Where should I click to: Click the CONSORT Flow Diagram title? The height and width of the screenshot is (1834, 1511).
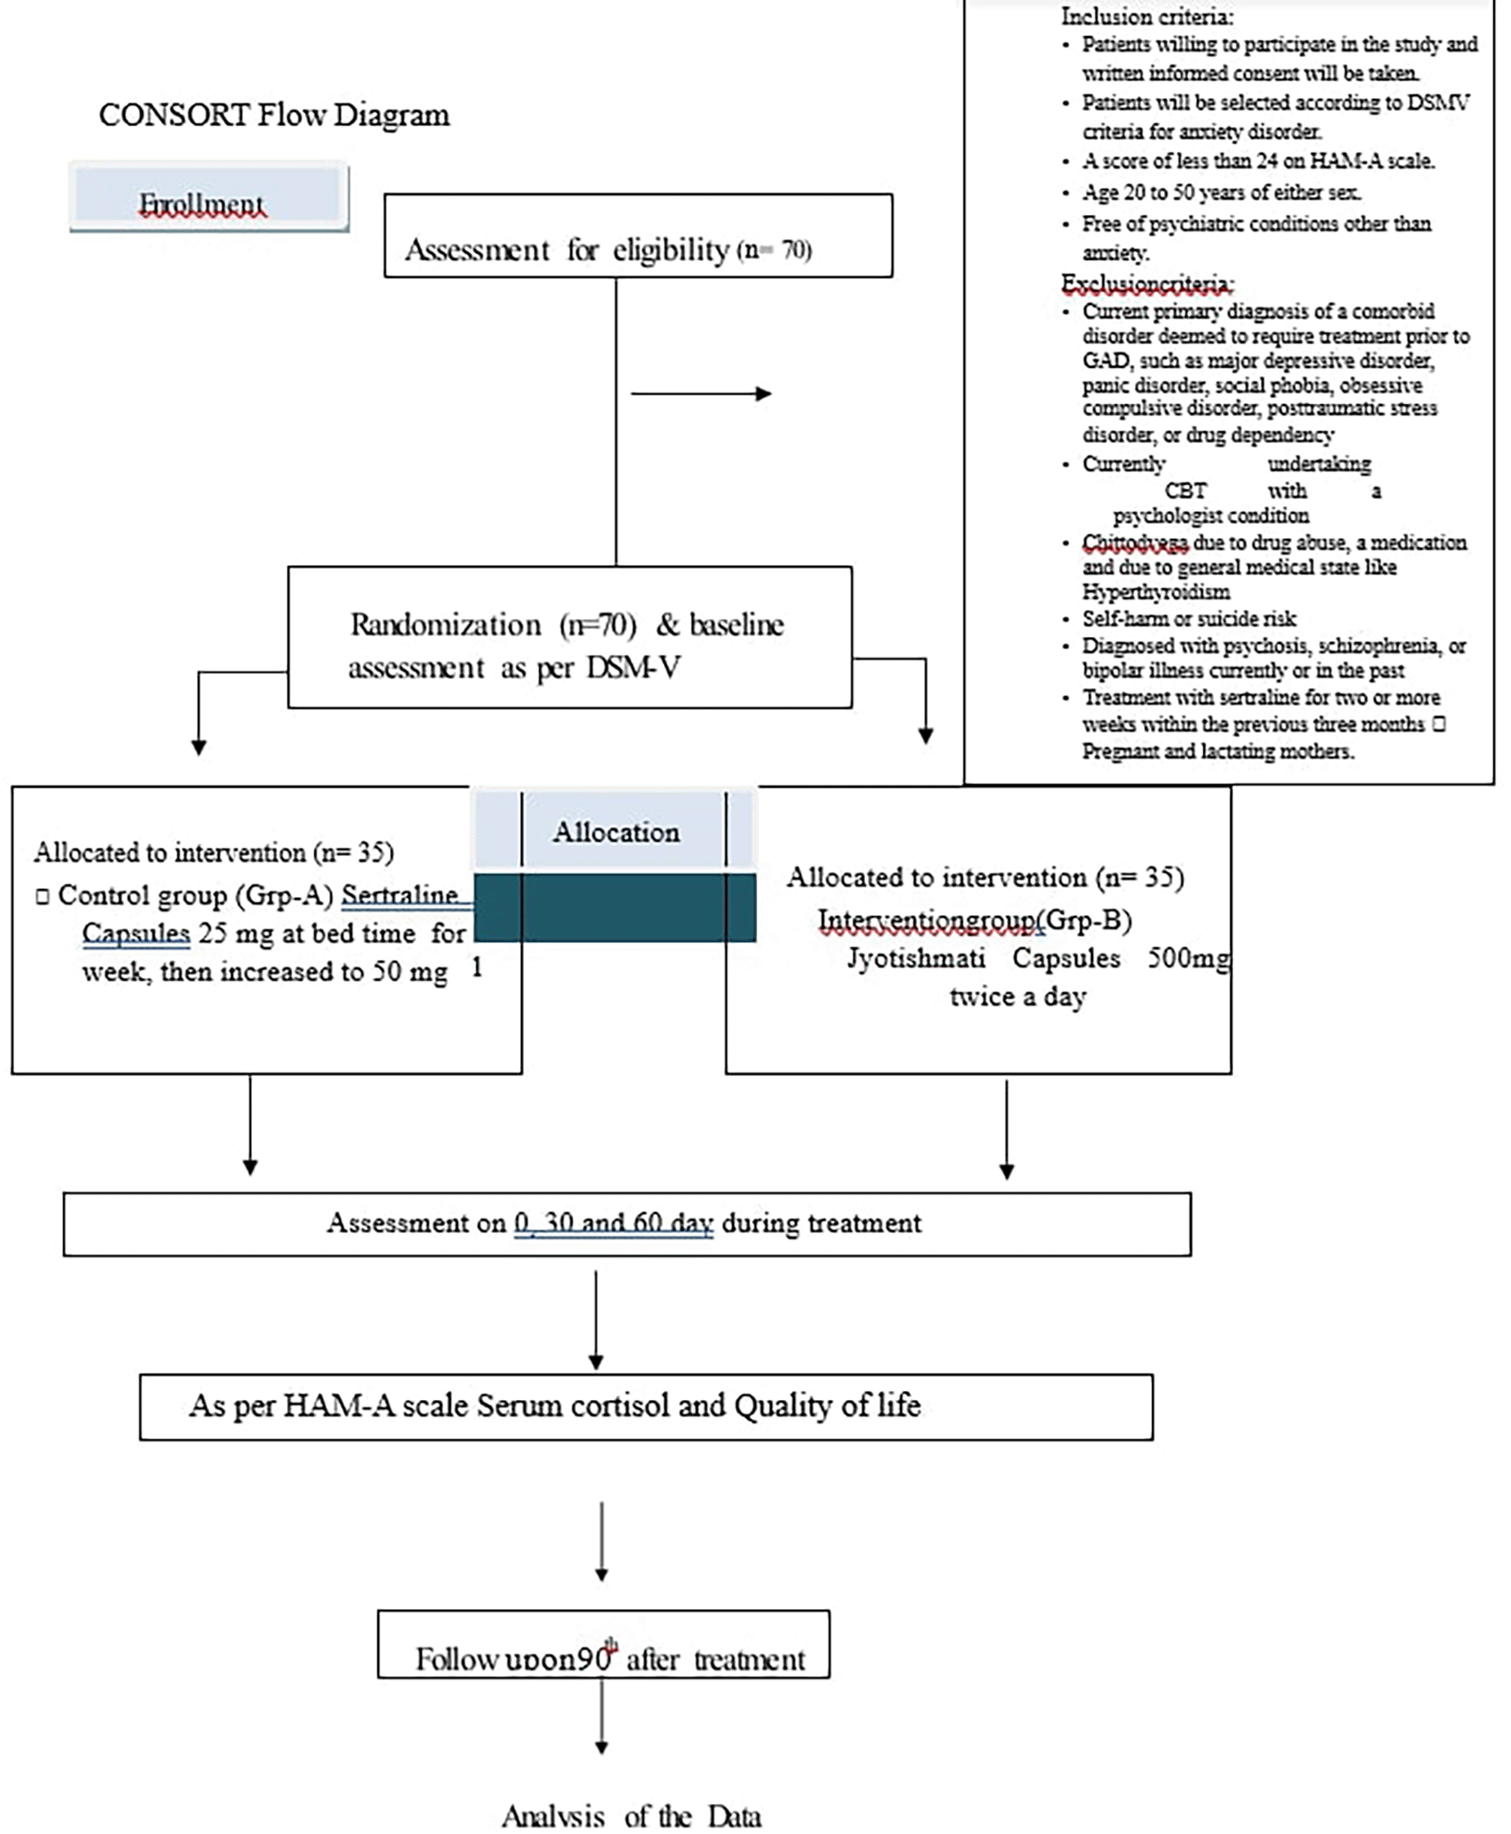pyautogui.click(x=273, y=116)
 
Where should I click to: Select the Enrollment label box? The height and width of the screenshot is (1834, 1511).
pyautogui.click(x=209, y=198)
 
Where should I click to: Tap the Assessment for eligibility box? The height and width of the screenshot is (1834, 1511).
pyautogui.click(x=638, y=236)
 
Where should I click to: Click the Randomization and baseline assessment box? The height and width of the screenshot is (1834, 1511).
pyautogui.click(x=569, y=638)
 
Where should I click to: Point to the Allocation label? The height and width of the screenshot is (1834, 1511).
pyautogui.click(x=616, y=832)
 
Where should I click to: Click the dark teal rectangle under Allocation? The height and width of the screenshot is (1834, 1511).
pyautogui.click(x=615, y=908)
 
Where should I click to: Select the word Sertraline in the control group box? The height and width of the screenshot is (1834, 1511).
pyautogui.click(x=400, y=895)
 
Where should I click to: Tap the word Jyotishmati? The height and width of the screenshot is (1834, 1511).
pyautogui.click(x=916, y=958)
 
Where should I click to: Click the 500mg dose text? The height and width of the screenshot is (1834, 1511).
pyautogui.click(x=1187, y=958)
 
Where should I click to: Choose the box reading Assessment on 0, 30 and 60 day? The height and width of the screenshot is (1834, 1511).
pyautogui.click(x=626, y=1224)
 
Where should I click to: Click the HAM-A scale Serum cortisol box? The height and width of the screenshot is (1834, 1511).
pyautogui.click(x=646, y=1406)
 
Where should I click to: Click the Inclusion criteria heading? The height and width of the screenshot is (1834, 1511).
pyautogui.click(x=1147, y=16)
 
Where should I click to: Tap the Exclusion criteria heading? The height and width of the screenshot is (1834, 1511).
pyautogui.click(x=1147, y=284)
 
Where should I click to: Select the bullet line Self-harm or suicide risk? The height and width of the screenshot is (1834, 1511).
pyautogui.click(x=1189, y=618)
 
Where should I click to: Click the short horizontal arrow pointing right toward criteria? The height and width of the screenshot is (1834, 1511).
pyautogui.click(x=701, y=393)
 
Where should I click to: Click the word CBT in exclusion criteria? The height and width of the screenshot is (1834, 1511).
pyautogui.click(x=1185, y=490)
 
